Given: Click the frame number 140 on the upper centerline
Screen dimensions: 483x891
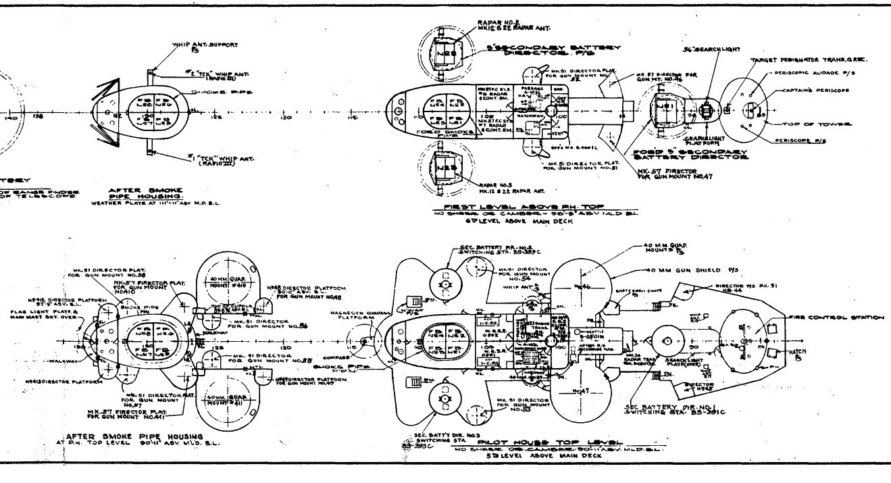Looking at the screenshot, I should tap(10, 118).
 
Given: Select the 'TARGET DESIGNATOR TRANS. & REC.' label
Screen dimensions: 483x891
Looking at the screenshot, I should tap(809, 61).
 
